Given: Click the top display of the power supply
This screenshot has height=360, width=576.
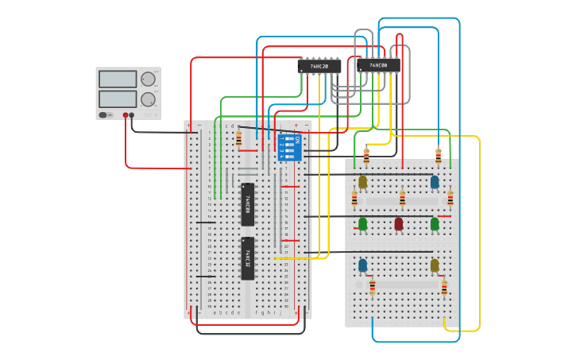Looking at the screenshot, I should click(118, 79).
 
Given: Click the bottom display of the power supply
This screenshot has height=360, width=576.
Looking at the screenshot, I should click(118, 99).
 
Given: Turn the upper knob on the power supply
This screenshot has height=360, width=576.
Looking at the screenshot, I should click(148, 79).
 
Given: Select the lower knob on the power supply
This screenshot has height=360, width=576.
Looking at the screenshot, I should click(148, 99).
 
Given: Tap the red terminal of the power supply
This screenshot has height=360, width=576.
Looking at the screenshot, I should click(126, 115).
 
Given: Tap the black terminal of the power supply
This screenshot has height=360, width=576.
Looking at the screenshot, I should click(132, 115).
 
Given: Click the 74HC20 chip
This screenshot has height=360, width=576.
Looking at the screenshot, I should click(319, 66).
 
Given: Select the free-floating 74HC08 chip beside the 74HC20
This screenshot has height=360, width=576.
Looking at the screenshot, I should click(378, 65).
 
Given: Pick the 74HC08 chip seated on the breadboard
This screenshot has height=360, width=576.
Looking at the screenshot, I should click(248, 204).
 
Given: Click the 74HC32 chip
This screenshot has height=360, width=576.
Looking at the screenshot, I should click(248, 258).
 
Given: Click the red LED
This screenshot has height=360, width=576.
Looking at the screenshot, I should click(399, 224).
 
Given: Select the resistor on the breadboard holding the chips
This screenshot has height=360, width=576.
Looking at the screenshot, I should click(238, 139).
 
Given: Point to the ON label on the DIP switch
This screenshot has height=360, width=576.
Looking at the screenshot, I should click(298, 140).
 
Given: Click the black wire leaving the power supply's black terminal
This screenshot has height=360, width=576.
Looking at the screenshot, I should click(159, 132).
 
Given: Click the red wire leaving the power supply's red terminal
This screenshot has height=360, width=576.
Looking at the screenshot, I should click(151, 168).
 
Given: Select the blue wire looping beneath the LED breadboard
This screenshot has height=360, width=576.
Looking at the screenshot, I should click(413, 341).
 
